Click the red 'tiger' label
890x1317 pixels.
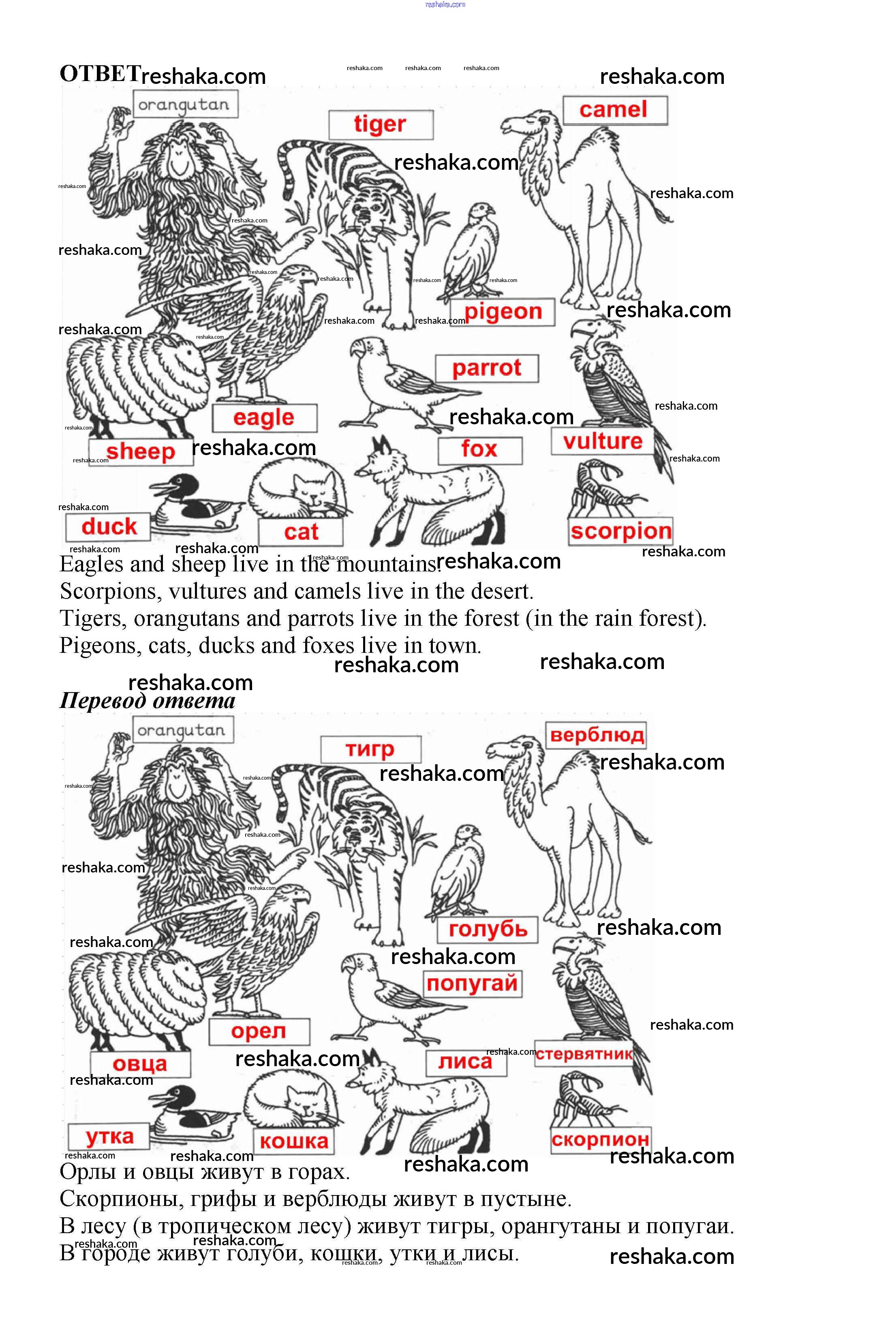click(x=380, y=124)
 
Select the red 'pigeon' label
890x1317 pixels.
click(x=503, y=312)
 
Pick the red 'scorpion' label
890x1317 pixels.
click(x=621, y=531)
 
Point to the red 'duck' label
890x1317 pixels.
click(x=109, y=526)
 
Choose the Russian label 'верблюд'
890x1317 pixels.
click(x=596, y=735)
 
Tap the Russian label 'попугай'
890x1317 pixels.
click(x=472, y=983)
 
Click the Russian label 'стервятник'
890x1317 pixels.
click(x=584, y=1054)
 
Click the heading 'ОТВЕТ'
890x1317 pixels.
click(x=100, y=74)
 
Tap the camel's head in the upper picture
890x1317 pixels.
click(x=527, y=122)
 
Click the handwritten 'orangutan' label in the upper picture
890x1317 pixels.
click(x=184, y=105)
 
